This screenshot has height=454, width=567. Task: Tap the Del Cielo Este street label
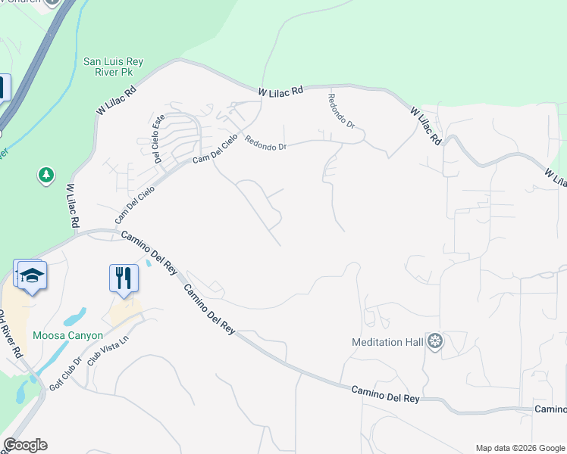[158, 138]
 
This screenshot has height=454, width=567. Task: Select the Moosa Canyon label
[67, 335]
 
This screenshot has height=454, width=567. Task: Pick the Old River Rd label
[11, 333]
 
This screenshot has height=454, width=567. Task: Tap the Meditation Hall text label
[387, 342]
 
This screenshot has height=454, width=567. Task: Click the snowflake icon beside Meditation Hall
[434, 342]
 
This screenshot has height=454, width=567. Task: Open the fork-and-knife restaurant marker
[123, 277]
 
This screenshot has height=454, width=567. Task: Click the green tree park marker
[46, 176]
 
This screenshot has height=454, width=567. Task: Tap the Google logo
[25, 445]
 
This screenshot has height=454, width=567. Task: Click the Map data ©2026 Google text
[519, 448]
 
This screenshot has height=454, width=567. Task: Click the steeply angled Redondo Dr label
[341, 110]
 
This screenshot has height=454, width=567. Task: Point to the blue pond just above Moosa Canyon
[78, 314]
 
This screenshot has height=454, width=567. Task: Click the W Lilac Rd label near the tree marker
[73, 205]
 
